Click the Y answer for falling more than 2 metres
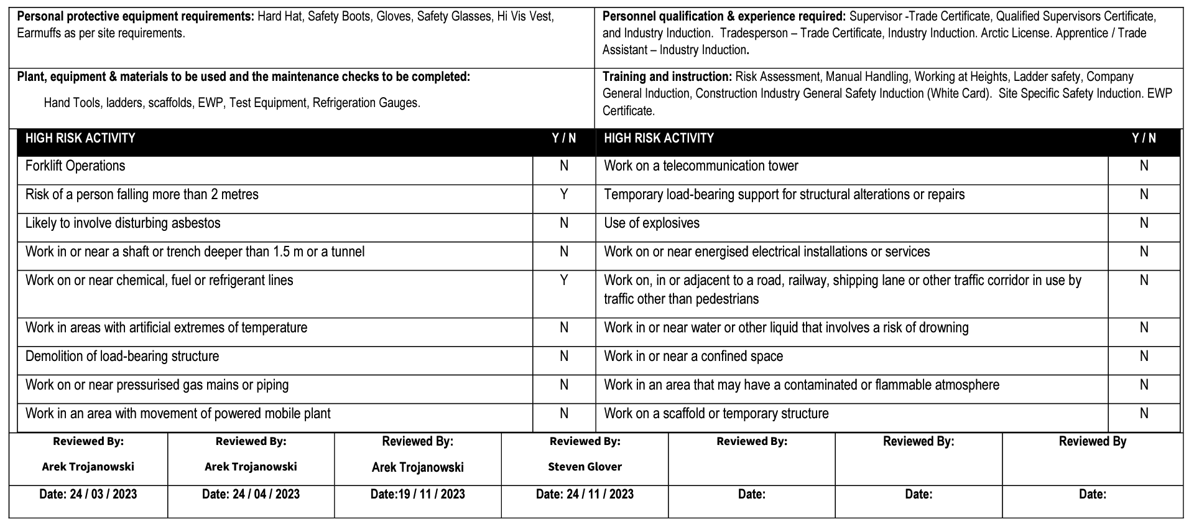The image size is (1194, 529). [563, 195]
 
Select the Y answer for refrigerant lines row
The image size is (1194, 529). [563, 281]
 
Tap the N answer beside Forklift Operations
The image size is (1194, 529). [563, 166]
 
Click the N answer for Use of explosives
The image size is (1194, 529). [1144, 223]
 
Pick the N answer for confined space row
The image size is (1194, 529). [1144, 357]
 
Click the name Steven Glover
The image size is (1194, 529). [585, 467]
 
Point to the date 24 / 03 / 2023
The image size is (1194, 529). [103, 495]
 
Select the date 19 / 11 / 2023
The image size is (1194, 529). [432, 495]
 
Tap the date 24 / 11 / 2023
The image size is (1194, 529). [600, 495]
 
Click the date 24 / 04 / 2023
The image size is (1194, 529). [266, 495]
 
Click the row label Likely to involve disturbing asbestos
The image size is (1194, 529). [123, 223]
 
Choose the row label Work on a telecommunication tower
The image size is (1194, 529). [701, 166]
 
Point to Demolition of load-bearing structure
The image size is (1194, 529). [122, 357]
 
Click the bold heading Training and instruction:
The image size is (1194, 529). [667, 77]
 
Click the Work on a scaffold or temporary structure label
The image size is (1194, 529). [716, 414]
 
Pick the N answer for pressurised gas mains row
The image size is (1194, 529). [563, 385]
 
